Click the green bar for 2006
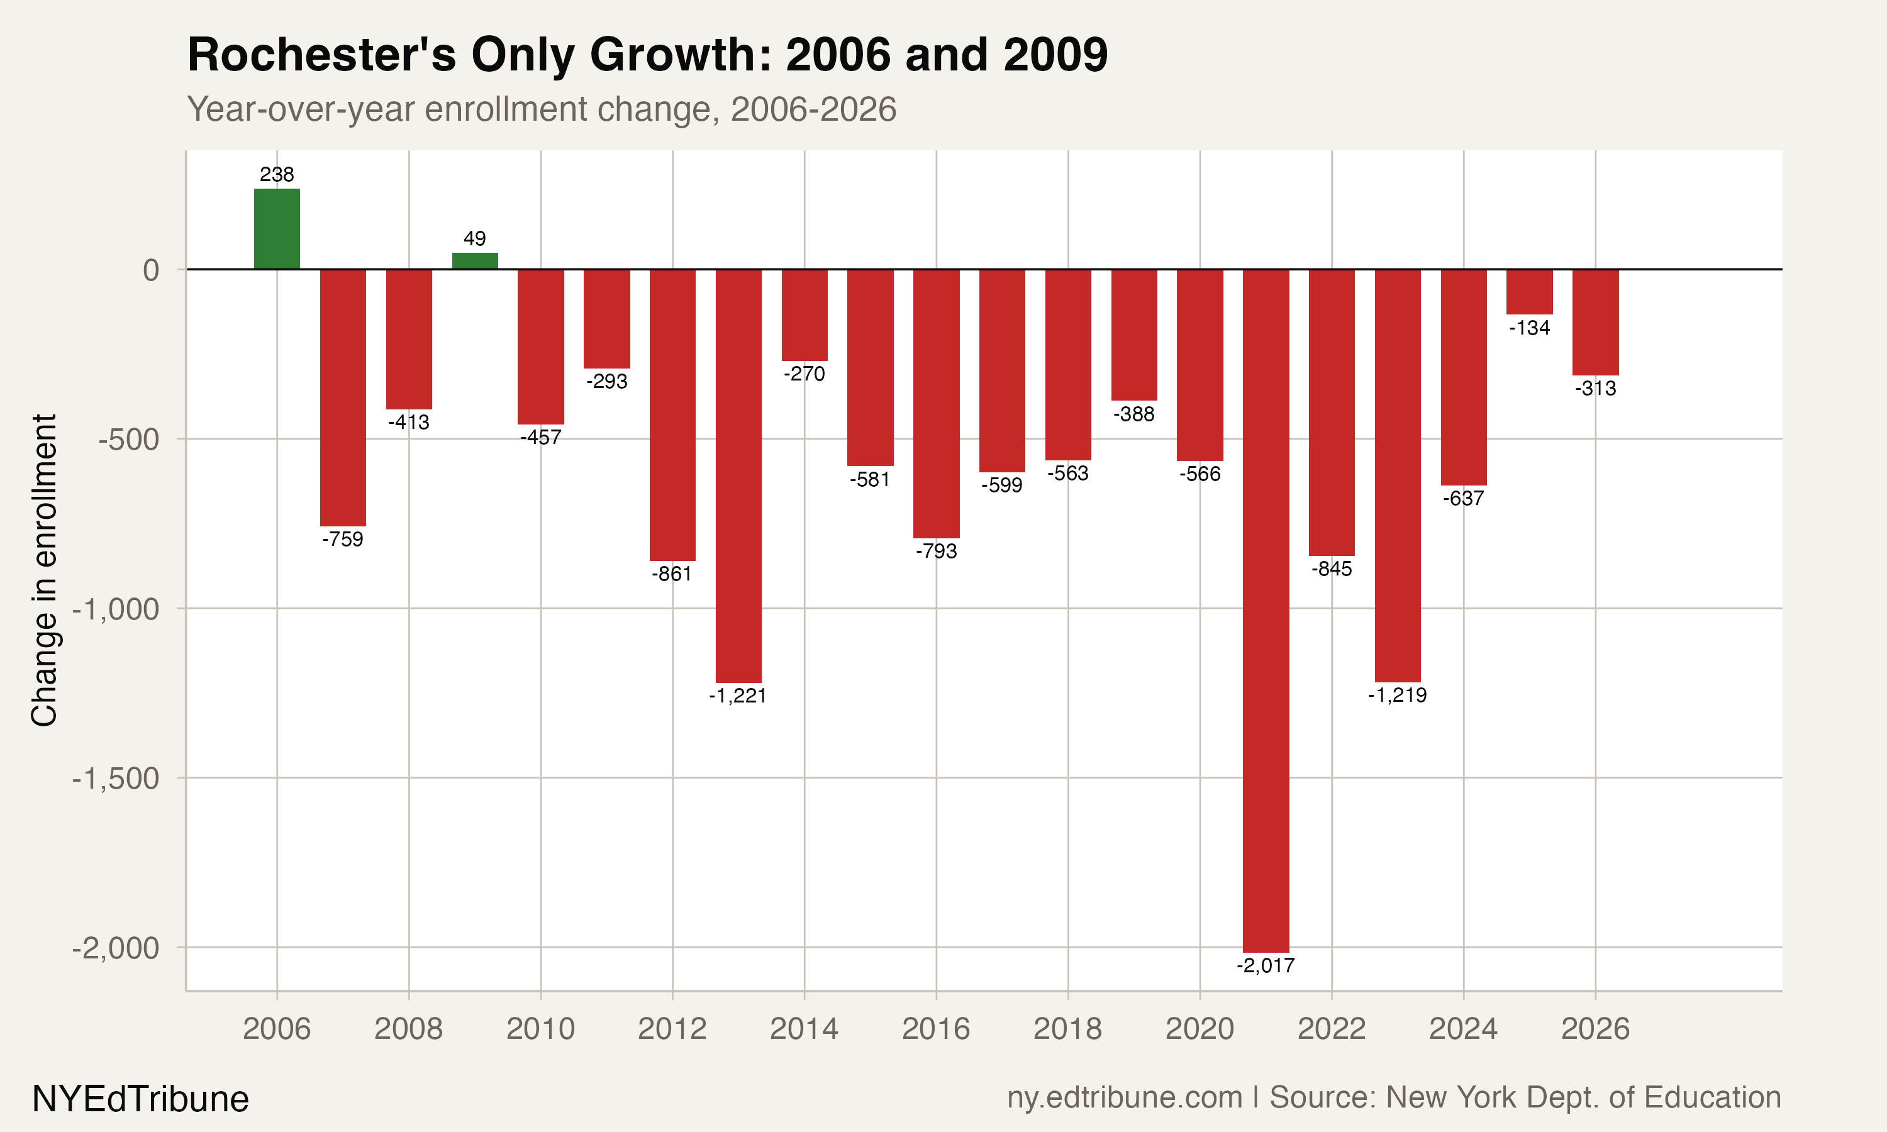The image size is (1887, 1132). click(x=277, y=229)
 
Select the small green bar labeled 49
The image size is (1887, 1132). click(x=474, y=261)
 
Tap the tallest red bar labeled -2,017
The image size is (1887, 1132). click(x=1266, y=610)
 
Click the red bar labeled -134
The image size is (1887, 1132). click(x=1529, y=291)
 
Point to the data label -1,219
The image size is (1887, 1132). click(x=1398, y=695)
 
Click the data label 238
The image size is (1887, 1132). click(x=277, y=175)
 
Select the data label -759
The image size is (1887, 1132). click(x=342, y=540)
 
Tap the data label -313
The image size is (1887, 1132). click(x=1596, y=388)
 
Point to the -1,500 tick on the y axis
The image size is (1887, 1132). click(x=116, y=779)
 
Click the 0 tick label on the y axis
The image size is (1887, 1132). click(x=151, y=270)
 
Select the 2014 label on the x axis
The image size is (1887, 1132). click(x=804, y=1029)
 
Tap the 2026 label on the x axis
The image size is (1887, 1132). click(x=1595, y=1029)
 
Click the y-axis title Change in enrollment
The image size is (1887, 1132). click(x=44, y=570)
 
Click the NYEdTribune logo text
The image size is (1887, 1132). click(x=140, y=1099)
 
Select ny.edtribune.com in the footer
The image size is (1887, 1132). click(x=1124, y=1097)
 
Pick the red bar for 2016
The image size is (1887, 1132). click(x=936, y=404)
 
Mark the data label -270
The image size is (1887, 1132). click(x=804, y=374)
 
